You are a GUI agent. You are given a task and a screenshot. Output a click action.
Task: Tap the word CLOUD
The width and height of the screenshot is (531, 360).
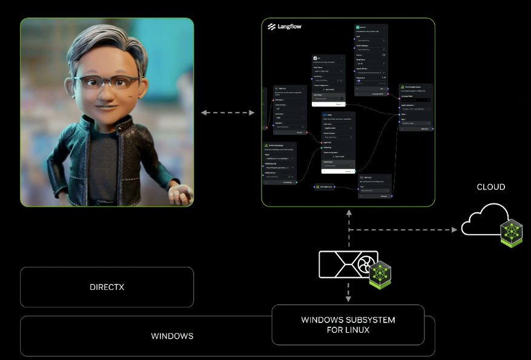[490, 187]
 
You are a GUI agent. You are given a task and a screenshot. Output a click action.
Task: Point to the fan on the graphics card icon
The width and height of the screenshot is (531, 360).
[366, 265]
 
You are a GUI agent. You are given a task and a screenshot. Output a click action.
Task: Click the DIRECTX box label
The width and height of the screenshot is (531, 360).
[107, 287]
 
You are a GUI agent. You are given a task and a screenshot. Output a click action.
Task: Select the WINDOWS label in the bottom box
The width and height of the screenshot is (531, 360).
[173, 336]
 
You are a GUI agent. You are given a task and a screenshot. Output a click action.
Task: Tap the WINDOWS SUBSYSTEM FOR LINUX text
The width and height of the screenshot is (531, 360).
[348, 325]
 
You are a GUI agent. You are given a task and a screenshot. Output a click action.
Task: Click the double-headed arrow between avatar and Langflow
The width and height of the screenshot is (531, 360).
[228, 113]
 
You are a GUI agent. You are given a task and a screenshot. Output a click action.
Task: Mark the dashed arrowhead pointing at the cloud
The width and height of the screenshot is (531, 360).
[453, 230]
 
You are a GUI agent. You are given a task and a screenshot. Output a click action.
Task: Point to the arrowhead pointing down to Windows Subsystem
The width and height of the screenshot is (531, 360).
[348, 299]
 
